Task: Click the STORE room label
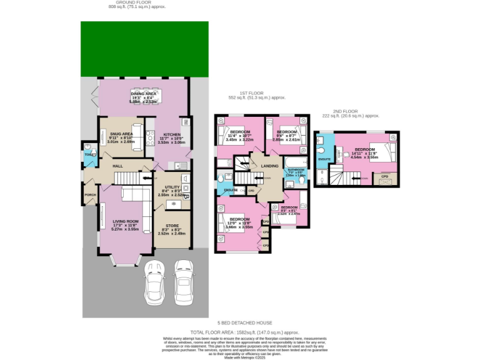click(x=172, y=226)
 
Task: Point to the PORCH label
click(x=90, y=194)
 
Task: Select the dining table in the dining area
click(x=144, y=96)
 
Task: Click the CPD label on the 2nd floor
click(x=384, y=177)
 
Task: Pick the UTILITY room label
click(x=172, y=187)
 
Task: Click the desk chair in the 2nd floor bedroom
click(x=344, y=154)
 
